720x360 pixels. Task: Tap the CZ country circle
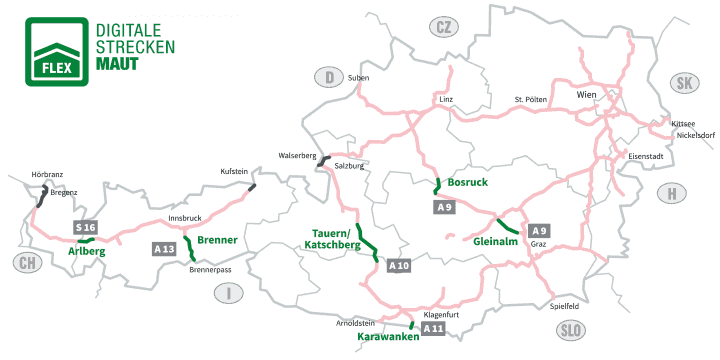pyautogui.click(x=443, y=27)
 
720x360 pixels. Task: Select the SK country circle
pyautogui.click(x=684, y=83)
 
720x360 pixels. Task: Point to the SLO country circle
pyautogui.click(x=571, y=330)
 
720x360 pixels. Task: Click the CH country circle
pyautogui.click(x=27, y=264)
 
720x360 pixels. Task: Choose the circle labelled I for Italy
pyautogui.click(x=229, y=292)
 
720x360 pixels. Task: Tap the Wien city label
pyautogui.click(x=586, y=94)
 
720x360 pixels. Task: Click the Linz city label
pyautogui.click(x=446, y=100)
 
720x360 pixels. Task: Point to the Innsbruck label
pyautogui.click(x=186, y=217)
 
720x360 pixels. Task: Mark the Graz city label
pyautogui.click(x=540, y=242)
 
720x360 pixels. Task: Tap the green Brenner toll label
pyautogui.click(x=217, y=240)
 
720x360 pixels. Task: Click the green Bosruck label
pyautogui.click(x=467, y=183)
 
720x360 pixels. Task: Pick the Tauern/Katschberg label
pyautogui.click(x=330, y=238)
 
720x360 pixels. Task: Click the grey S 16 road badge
pyautogui.click(x=87, y=228)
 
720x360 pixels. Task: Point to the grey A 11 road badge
pyautogui.click(x=433, y=328)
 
